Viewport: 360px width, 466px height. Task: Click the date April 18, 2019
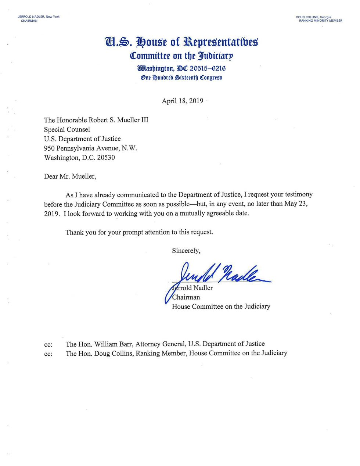[182, 101]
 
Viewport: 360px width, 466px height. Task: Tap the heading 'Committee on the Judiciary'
[181, 56]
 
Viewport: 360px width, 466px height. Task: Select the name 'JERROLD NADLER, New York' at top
[39, 17]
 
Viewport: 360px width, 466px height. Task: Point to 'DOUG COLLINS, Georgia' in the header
[313, 17]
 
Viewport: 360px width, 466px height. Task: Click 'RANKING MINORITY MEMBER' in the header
[320, 21]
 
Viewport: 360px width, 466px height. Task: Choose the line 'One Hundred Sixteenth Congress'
[181, 78]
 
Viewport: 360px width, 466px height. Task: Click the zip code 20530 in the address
[106, 158]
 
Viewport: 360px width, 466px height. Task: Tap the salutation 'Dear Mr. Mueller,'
[70, 176]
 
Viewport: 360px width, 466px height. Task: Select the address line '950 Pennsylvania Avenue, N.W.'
[90, 148]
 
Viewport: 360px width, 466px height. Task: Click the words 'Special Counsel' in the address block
[67, 129]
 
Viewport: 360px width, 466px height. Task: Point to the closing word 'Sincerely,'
[186, 251]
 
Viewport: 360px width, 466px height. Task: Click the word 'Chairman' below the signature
[186, 297]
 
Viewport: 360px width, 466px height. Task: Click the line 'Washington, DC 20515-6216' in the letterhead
[181, 68]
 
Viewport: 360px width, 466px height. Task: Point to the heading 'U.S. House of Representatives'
[181, 42]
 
